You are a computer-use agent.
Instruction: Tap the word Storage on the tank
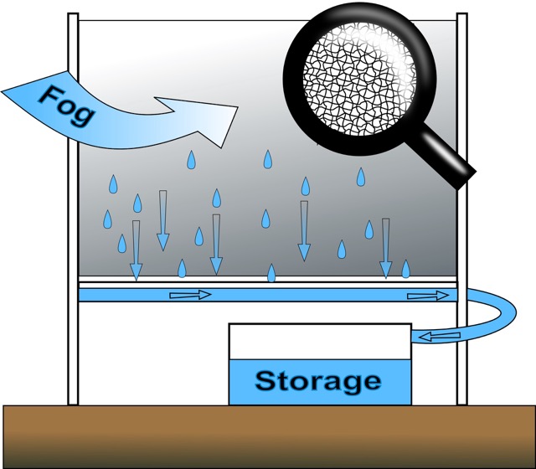(x=317, y=382)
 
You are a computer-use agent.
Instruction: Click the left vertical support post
(x=73, y=209)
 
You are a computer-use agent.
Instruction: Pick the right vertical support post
(x=461, y=209)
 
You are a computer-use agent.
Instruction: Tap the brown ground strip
(x=268, y=435)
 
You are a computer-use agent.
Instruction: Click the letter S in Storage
(x=266, y=382)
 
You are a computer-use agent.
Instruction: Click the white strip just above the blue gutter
(x=268, y=281)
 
